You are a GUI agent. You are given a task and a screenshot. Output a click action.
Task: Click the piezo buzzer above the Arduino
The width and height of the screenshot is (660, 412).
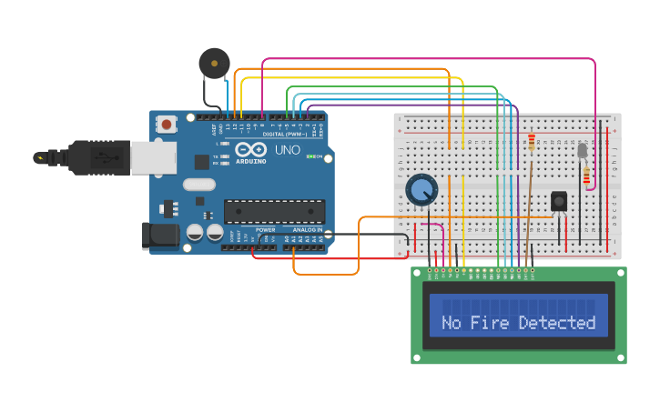(214, 64)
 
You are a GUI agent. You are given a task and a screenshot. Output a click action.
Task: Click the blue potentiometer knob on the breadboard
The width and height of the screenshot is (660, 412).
(421, 190)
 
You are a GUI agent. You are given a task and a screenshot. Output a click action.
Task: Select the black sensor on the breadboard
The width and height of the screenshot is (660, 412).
(559, 201)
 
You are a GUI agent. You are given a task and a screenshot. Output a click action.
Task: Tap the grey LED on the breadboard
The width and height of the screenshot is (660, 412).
(583, 150)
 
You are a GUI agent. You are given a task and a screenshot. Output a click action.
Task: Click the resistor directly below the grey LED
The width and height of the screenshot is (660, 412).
(585, 176)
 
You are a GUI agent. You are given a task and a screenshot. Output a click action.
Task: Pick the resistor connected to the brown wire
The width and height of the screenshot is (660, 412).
(532, 142)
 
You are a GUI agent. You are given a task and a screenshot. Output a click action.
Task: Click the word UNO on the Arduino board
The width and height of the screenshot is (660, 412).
(287, 150)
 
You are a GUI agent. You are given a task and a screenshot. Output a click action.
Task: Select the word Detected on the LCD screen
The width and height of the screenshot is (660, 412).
(557, 323)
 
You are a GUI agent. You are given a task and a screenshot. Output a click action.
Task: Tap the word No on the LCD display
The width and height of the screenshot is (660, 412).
(452, 323)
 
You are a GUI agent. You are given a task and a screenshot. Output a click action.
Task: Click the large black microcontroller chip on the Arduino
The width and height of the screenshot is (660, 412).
(274, 211)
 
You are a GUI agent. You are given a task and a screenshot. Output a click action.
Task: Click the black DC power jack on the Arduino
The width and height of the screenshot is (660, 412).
(160, 236)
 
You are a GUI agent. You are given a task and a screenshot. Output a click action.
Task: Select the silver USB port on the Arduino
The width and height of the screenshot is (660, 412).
(153, 157)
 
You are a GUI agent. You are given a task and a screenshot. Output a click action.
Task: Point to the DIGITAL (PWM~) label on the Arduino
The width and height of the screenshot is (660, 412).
(284, 134)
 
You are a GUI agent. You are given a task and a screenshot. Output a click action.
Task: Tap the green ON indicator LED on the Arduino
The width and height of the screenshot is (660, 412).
(311, 157)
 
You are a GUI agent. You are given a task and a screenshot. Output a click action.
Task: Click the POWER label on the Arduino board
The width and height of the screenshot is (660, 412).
(265, 230)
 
